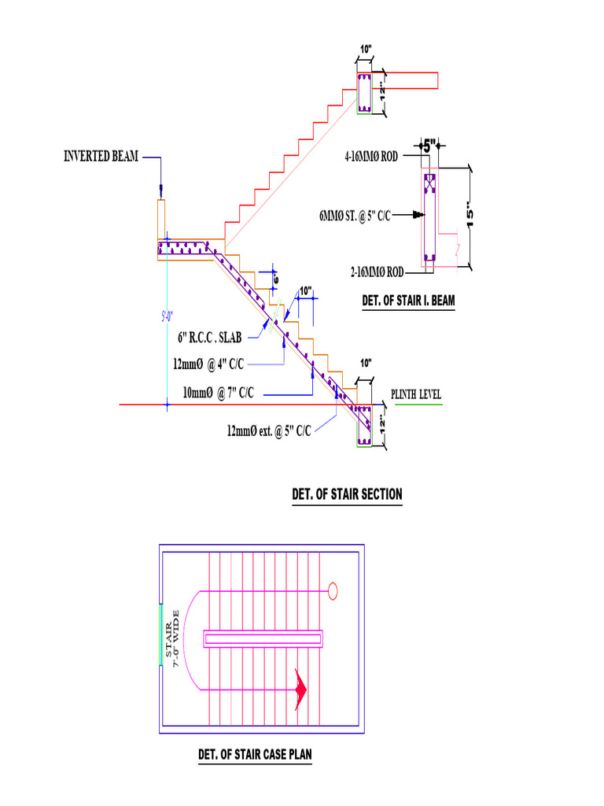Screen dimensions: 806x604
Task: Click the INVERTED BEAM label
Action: [x=101, y=157]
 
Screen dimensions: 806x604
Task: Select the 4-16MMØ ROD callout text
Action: [x=370, y=157]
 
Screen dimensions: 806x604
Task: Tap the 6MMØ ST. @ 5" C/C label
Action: [x=355, y=214]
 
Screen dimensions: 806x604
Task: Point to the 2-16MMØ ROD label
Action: [x=377, y=272]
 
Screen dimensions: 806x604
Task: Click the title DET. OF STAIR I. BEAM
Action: [x=408, y=300]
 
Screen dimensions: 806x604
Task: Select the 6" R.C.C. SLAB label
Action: [x=209, y=337]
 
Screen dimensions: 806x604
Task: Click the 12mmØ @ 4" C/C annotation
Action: [x=208, y=364]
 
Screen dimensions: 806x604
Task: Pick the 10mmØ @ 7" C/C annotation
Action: [x=218, y=392]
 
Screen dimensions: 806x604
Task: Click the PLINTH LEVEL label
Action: [x=417, y=395]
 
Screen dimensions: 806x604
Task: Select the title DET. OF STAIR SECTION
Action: [x=347, y=494]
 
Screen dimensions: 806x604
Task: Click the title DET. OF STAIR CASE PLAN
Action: [x=255, y=755]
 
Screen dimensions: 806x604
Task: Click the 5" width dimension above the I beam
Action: [x=428, y=146]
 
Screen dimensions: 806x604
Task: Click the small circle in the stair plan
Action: [x=333, y=590]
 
